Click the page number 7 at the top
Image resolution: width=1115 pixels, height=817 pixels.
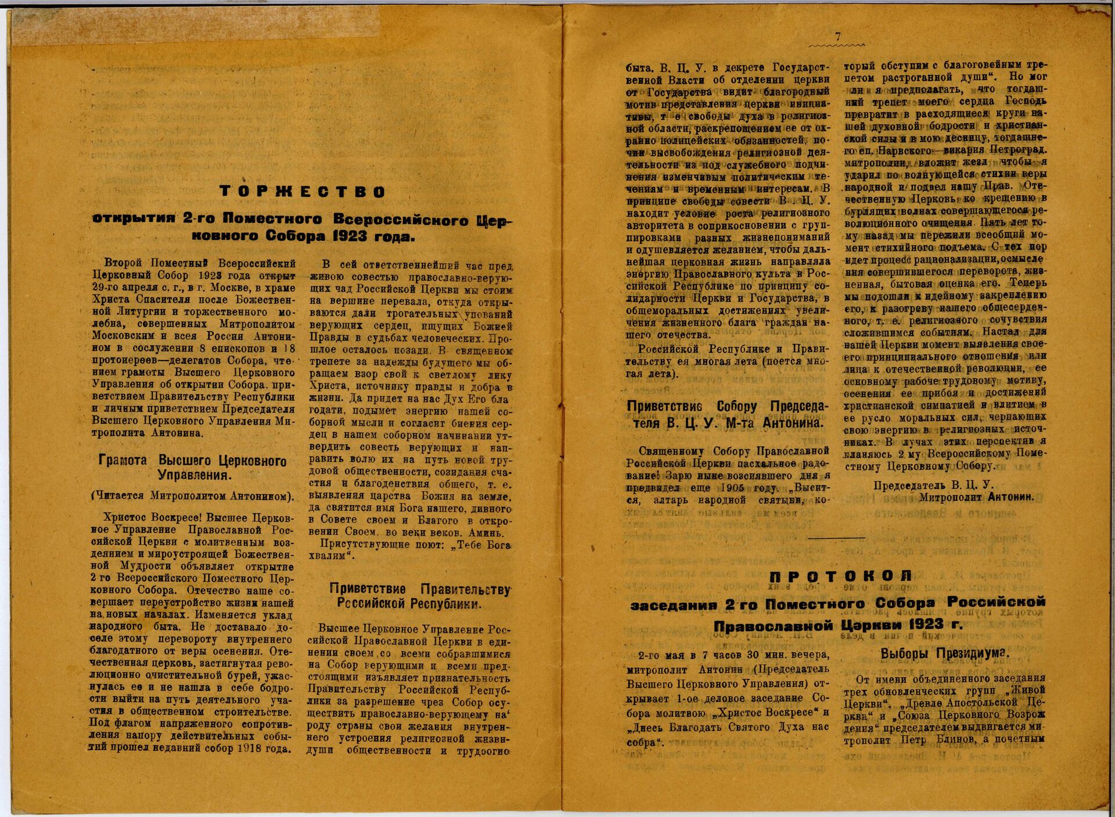click(837, 36)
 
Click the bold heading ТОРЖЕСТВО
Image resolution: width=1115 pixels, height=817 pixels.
click(303, 192)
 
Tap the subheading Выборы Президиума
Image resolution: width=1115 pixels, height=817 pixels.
click(945, 653)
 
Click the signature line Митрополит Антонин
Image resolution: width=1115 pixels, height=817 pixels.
click(976, 498)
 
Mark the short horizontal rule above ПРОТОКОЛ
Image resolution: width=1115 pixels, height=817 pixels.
click(836, 537)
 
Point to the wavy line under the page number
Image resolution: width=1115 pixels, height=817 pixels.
click(836, 45)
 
